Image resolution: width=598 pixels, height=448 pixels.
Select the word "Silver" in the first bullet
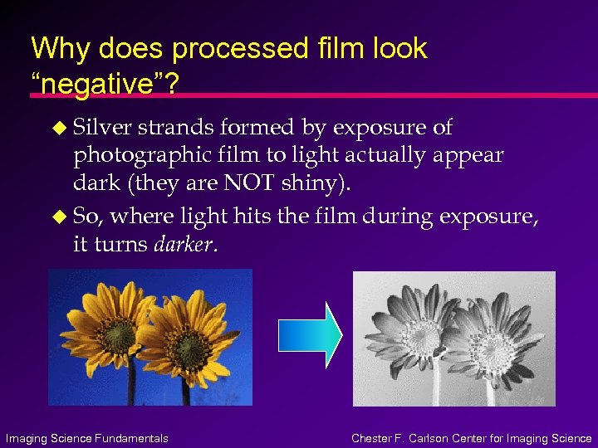pyautogui.click(x=102, y=128)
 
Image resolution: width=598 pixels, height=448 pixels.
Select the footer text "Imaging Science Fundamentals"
pyautogui.click(x=86, y=438)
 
